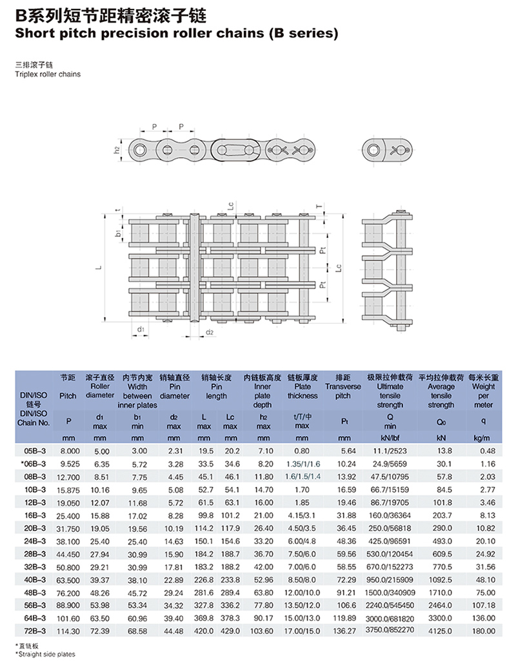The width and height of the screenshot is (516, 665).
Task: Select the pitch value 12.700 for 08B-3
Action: pos(68,478)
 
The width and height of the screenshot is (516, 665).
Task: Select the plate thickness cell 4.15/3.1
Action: pos(303,515)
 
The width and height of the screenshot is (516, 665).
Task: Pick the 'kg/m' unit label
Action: pos(483,438)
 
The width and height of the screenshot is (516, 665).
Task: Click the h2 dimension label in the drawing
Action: pos(117,150)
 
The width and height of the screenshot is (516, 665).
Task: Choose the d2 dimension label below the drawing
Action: pos(209,333)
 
